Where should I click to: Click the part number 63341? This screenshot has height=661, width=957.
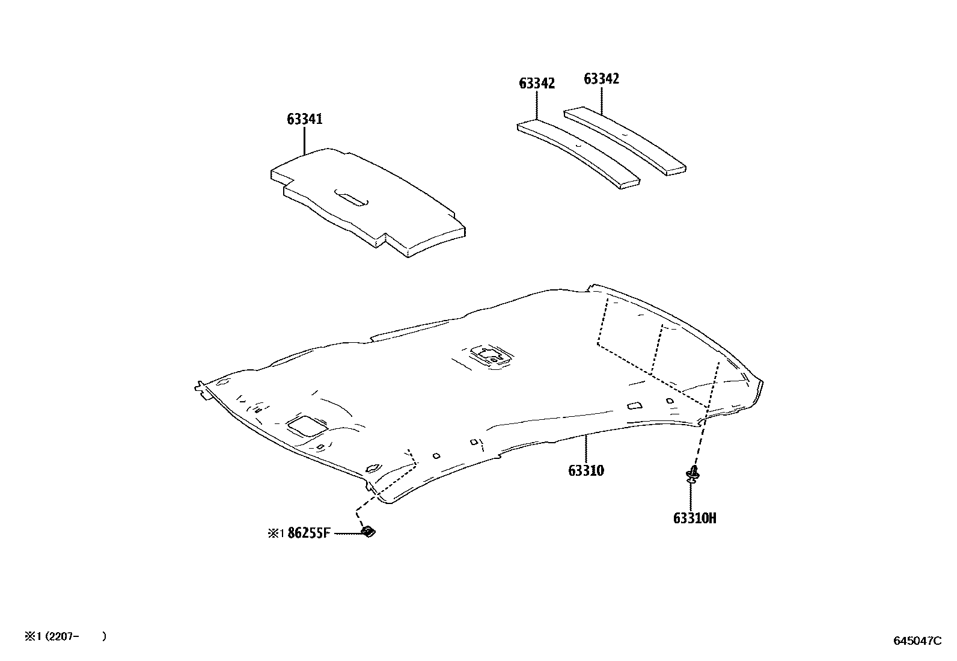point(304,119)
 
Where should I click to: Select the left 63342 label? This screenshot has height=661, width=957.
point(537,83)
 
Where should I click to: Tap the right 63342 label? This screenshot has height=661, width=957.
point(602,79)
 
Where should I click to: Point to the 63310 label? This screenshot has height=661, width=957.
point(586,470)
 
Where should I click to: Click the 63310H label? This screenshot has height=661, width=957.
point(695,518)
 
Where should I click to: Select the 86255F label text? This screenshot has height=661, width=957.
point(310,533)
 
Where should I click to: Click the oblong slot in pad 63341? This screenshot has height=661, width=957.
point(352,198)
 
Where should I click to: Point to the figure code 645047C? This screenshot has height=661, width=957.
point(917,641)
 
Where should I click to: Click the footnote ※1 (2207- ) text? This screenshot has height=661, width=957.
point(65,636)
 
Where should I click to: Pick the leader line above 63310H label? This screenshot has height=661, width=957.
point(691,496)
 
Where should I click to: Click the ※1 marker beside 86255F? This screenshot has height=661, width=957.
point(275,533)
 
